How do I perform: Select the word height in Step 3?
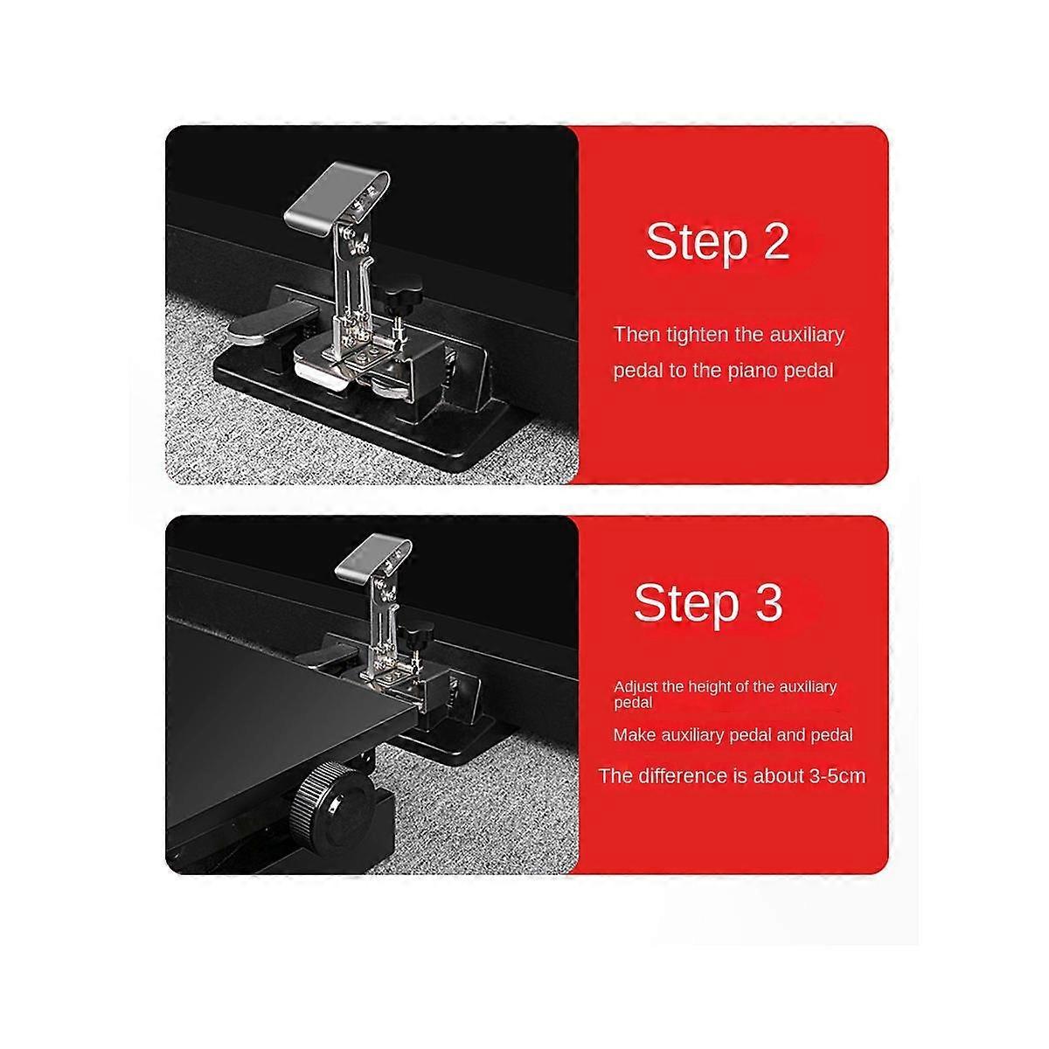709,688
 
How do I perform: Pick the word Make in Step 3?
630,735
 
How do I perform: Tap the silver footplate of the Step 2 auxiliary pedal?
337,196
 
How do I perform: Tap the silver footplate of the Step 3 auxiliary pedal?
373,557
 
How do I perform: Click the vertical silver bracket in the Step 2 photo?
351,283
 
